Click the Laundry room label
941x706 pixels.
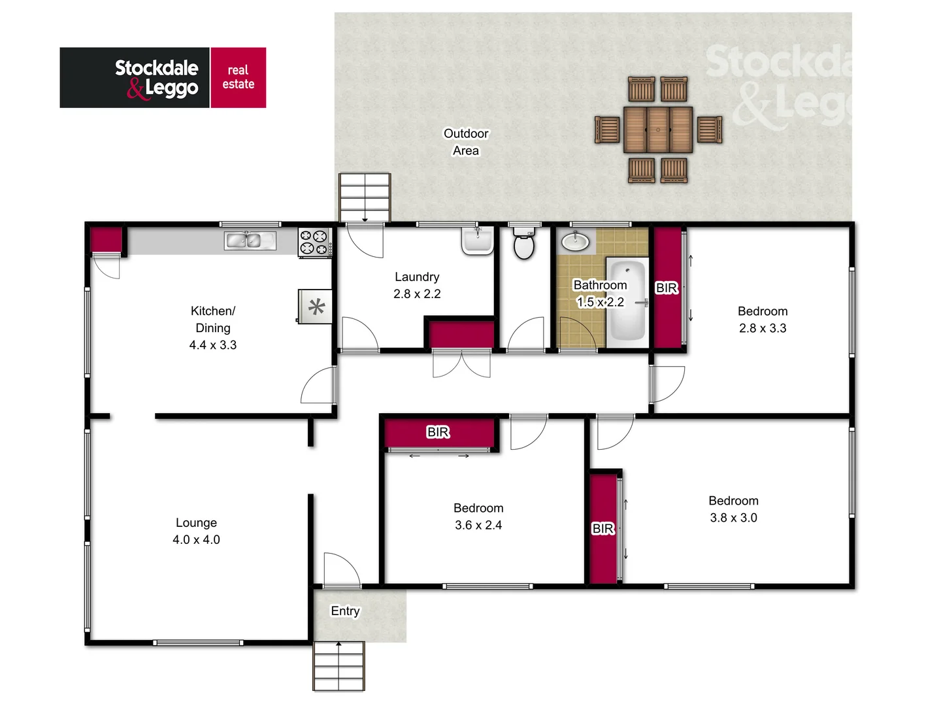pos(417,277)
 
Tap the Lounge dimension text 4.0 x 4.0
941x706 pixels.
pos(196,540)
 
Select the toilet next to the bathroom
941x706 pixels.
pos(524,245)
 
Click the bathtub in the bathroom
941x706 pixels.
pos(627,301)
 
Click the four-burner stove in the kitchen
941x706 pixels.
pos(314,243)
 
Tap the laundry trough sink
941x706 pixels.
pos(478,241)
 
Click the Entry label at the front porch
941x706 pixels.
pos(345,611)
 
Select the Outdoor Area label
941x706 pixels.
pos(466,142)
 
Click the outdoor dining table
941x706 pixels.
pos(657,129)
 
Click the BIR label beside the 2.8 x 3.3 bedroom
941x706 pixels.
pos(667,288)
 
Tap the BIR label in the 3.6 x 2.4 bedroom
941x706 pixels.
pos(438,432)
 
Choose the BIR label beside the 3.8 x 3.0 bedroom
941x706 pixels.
pos(603,528)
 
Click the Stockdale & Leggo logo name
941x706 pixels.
pos(157,77)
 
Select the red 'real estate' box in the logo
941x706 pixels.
pos(238,77)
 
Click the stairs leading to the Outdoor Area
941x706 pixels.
pos(365,197)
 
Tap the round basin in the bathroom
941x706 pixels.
pos(575,241)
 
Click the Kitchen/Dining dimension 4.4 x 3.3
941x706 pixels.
pos(213,345)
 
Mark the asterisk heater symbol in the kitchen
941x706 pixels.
pos(316,307)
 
